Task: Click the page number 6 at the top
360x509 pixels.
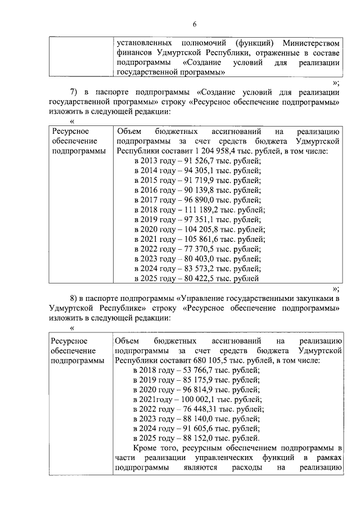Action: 195,24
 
